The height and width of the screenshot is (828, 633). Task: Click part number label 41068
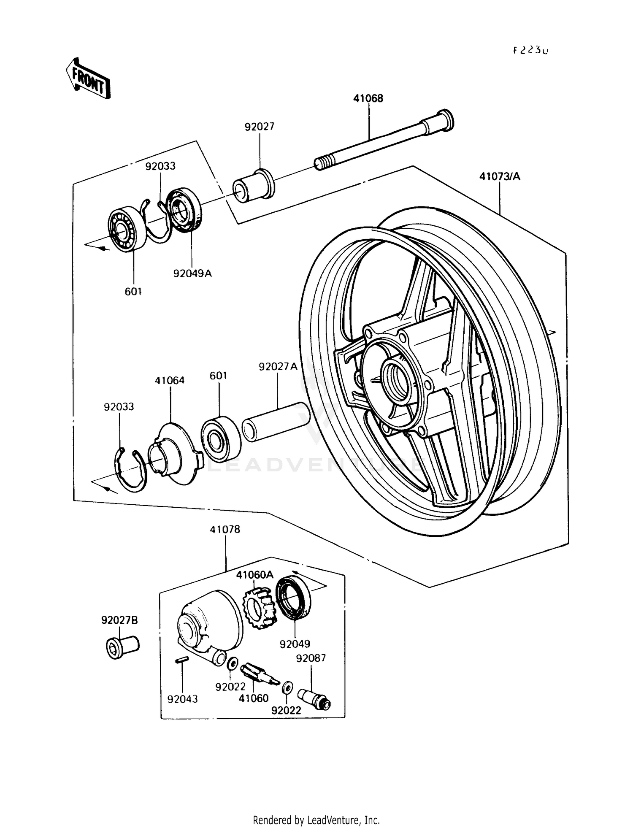(368, 98)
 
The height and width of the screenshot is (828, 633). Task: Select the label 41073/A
(500, 176)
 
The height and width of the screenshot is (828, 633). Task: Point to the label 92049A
(192, 273)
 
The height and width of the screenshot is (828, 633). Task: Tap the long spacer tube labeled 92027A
(276, 422)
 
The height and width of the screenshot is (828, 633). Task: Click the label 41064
(170, 380)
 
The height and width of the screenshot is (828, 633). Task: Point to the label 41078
(225, 529)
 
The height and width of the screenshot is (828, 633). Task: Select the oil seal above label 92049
(293, 599)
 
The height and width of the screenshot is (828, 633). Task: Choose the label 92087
(311, 658)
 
